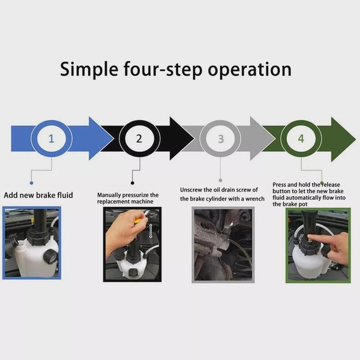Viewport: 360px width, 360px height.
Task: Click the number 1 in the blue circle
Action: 52,139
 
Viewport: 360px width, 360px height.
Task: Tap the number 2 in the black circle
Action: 139,139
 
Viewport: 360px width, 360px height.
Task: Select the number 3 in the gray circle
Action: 221,139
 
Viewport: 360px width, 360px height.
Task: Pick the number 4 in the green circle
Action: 301,139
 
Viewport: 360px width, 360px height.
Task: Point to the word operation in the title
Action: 250,70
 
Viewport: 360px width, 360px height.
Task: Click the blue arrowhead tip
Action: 113,139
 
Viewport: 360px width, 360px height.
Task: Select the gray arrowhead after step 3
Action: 263,139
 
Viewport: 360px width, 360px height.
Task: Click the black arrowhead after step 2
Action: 182,139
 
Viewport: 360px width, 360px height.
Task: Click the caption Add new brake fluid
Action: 38,195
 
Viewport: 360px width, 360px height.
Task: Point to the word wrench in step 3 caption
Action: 255,199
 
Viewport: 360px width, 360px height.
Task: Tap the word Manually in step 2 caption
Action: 109,195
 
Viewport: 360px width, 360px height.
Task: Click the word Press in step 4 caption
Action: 279,185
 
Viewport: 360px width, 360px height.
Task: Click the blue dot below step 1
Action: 31,183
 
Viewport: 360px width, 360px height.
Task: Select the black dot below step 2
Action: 132,183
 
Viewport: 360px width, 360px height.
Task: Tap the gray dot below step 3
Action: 220,181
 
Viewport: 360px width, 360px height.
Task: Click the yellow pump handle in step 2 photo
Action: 138,221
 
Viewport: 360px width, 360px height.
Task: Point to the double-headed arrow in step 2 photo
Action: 151,231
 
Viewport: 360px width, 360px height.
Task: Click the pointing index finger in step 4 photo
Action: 322,238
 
